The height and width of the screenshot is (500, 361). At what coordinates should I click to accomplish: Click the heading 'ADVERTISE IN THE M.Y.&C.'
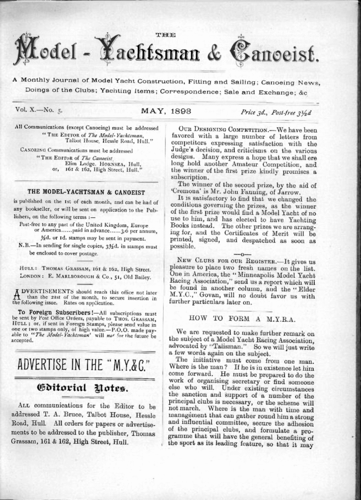point(85,364)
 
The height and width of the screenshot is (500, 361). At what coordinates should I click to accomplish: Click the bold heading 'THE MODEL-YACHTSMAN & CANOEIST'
point(86,192)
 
